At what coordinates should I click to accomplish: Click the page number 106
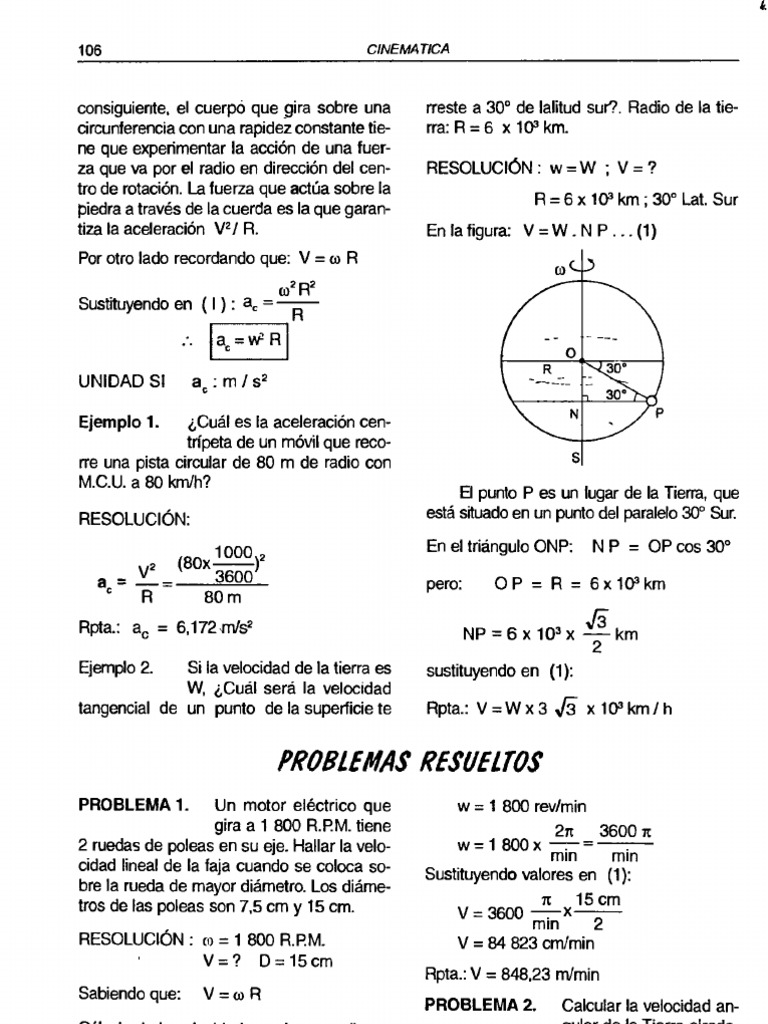tap(91, 49)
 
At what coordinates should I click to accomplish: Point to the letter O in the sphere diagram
tap(569, 354)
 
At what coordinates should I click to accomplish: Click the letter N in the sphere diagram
tap(573, 412)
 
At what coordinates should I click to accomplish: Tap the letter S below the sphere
tap(576, 459)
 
